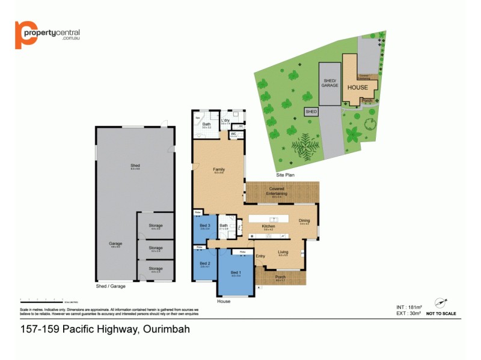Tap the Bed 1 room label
click(x=236, y=273)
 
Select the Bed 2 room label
click(x=204, y=263)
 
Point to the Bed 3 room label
click(x=204, y=226)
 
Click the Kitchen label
click(x=268, y=226)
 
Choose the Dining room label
click(x=304, y=220)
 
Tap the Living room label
click(x=283, y=252)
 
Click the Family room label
click(x=219, y=169)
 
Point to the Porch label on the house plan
click(x=280, y=277)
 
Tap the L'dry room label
click(x=225, y=121)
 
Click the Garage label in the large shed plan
click(x=115, y=244)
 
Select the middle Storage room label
click(x=156, y=248)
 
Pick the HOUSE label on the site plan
click(x=357, y=87)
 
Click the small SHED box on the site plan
click(x=311, y=112)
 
